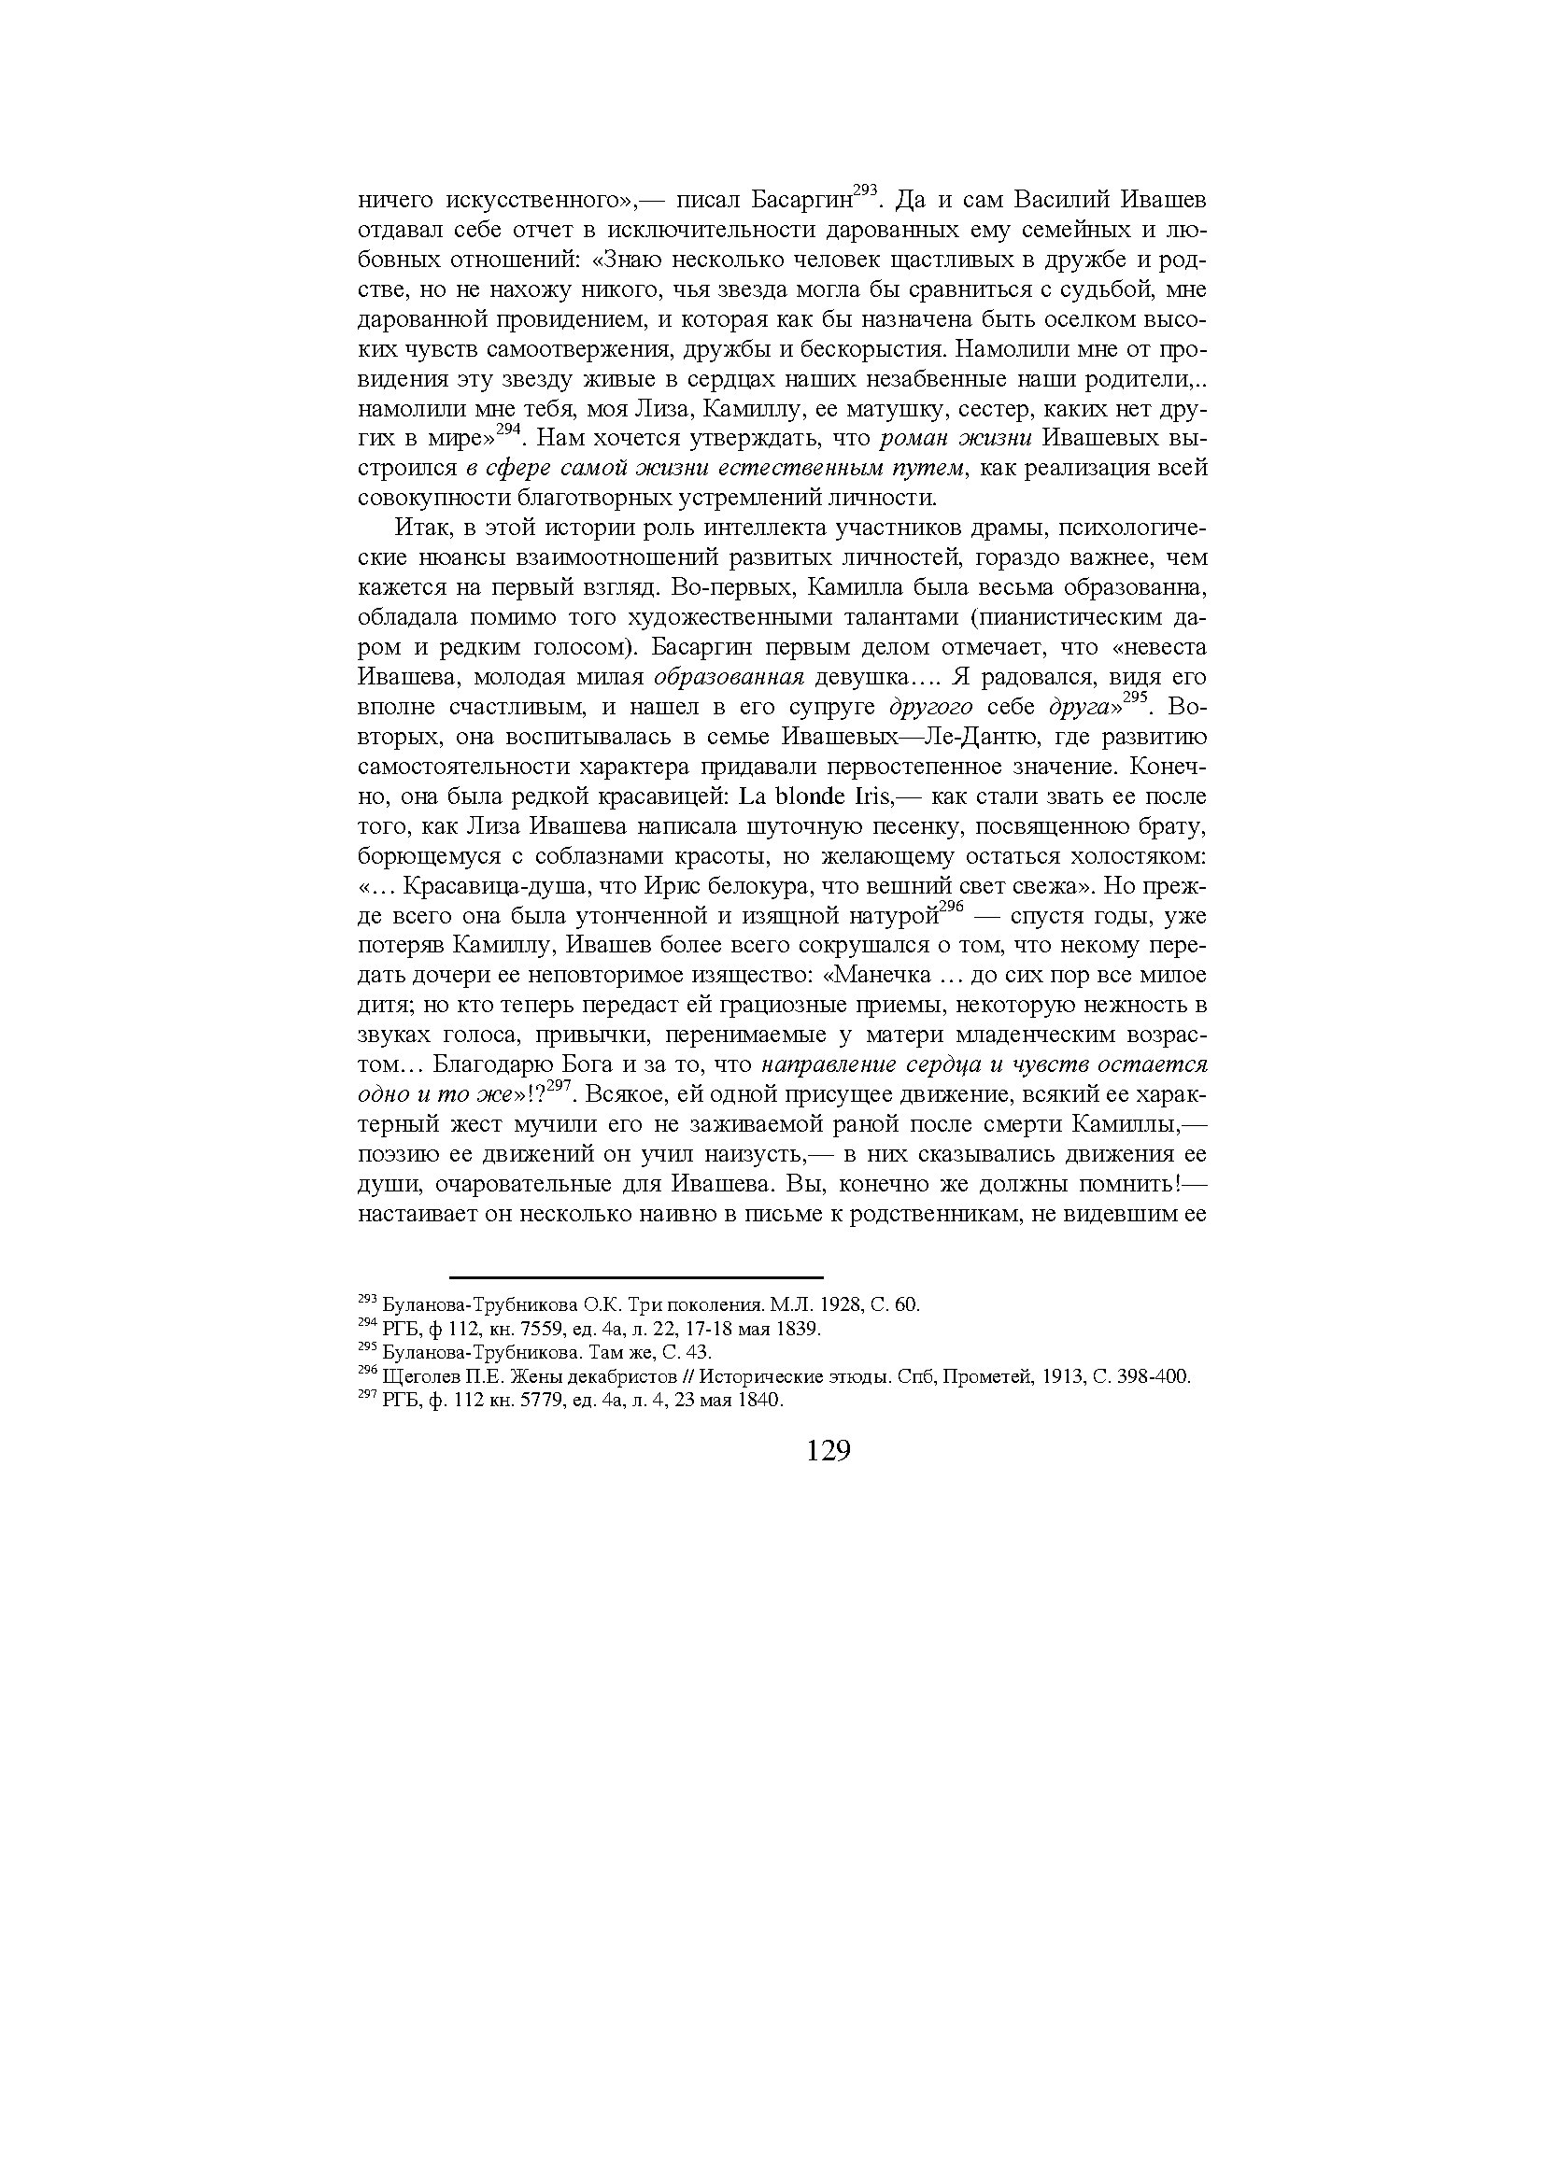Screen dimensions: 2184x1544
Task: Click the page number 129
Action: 827,1451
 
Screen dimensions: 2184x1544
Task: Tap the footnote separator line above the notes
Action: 635,1277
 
